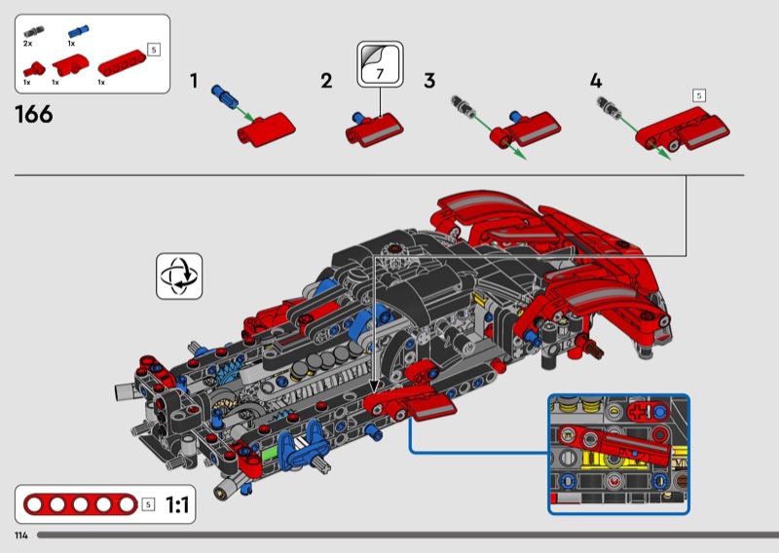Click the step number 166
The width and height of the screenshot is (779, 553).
[34, 114]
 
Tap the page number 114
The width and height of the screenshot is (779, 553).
[21, 535]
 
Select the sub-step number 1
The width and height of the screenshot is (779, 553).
[194, 81]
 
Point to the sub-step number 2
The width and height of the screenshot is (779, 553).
[326, 81]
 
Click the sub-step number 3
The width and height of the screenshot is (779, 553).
[429, 81]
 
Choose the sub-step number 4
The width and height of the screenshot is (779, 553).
[596, 81]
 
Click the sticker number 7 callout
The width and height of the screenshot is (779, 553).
[380, 64]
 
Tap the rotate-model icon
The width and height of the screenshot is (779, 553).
[179, 276]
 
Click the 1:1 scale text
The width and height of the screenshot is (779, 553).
[177, 504]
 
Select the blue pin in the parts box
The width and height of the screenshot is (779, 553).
[78, 32]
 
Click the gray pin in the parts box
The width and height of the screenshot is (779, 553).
[34, 32]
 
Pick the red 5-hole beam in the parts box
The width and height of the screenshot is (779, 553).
[122, 62]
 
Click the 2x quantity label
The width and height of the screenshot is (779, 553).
[28, 44]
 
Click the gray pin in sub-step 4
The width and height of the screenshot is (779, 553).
[608, 106]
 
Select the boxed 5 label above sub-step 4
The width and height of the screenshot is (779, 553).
[698, 95]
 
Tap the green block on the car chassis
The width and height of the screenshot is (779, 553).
[269, 453]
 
